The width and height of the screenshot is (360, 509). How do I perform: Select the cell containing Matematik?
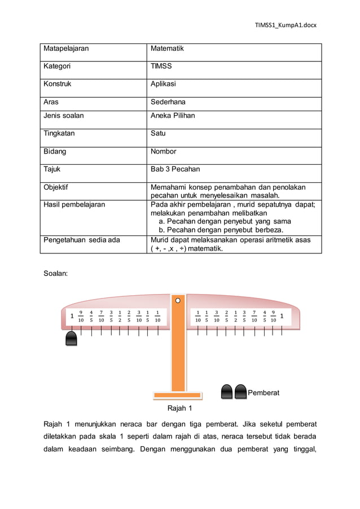[x=167, y=49]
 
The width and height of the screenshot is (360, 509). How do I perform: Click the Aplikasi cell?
[x=164, y=84]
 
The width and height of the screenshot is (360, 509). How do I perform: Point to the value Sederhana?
[x=168, y=102]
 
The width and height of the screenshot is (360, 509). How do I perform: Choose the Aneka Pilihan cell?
[x=173, y=116]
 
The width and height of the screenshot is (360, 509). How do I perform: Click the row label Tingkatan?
[x=60, y=134]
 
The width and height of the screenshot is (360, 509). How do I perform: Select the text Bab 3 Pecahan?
[x=175, y=169]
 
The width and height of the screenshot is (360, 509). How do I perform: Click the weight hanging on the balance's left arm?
[x=72, y=339]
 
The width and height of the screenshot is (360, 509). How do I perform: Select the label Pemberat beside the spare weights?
[x=264, y=392]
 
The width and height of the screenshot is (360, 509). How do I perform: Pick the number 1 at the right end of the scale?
[x=282, y=317]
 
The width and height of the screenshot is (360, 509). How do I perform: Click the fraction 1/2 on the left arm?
[x=120, y=317]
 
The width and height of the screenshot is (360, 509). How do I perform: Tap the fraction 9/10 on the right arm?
[x=273, y=317]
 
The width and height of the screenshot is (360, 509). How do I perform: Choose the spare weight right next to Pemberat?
[x=241, y=391]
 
